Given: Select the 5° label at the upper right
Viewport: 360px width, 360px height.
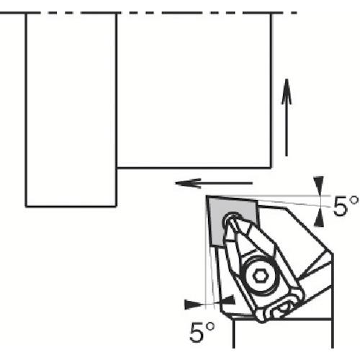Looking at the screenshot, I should point(345,207).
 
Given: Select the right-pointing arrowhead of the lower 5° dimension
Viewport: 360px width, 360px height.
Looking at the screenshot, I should point(193,302).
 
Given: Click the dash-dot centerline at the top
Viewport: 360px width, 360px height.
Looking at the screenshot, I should point(158,12).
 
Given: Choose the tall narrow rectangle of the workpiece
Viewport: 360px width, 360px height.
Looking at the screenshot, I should point(71,108).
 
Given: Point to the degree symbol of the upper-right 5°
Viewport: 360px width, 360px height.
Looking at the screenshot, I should point(353,202).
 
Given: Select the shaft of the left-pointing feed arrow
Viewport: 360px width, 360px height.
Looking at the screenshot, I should point(223,183).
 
